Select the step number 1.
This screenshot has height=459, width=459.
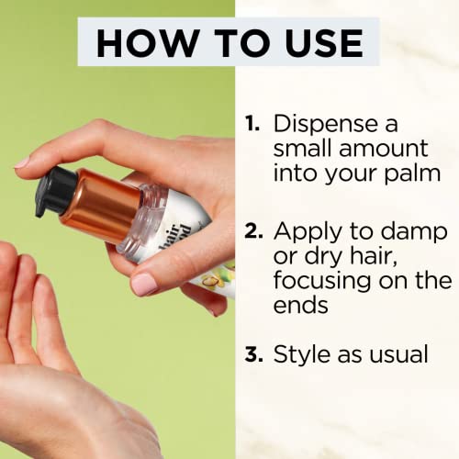click(x=252, y=123)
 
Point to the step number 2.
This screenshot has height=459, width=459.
click(x=253, y=230)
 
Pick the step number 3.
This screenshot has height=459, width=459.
click(x=253, y=354)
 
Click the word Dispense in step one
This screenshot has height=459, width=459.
click(x=326, y=125)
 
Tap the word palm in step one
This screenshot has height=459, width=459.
click(x=412, y=174)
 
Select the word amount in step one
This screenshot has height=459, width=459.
click(x=384, y=149)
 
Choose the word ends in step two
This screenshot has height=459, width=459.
click(x=301, y=305)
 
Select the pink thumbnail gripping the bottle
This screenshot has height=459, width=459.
click(x=144, y=284)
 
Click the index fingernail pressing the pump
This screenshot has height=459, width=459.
click(x=22, y=162)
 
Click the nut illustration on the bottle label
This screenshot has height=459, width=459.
click(x=211, y=280)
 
